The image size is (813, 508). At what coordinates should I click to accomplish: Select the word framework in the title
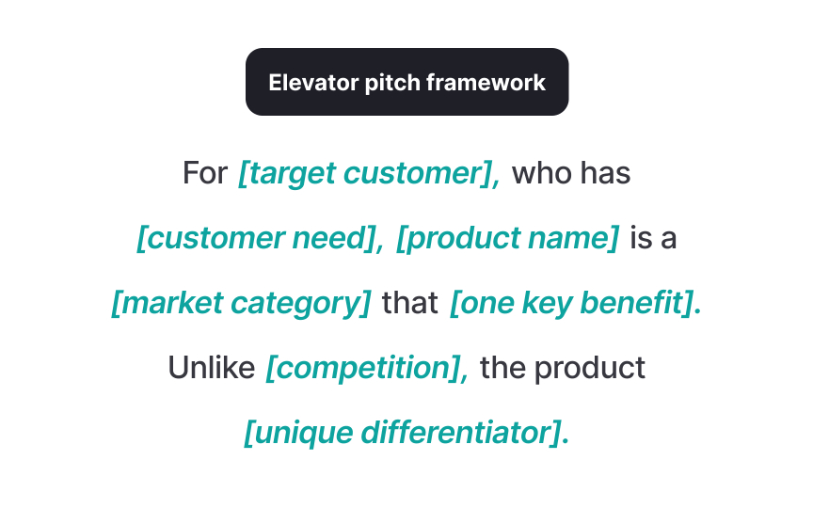[486, 83]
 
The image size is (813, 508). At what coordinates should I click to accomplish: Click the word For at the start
[205, 174]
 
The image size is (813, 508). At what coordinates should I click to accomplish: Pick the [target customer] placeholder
[369, 174]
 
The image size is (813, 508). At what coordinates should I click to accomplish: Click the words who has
[571, 174]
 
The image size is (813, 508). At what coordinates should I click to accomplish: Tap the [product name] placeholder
[508, 239]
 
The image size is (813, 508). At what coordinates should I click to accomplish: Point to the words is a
[653, 239]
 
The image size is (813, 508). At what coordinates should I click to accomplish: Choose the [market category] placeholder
[241, 304]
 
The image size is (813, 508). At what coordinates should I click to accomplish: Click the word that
[410, 304]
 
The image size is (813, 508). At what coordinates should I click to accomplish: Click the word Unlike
[212, 368]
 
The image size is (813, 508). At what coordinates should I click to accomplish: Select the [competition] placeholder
[367, 368]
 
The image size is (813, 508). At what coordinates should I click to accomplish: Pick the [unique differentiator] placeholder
[406, 433]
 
